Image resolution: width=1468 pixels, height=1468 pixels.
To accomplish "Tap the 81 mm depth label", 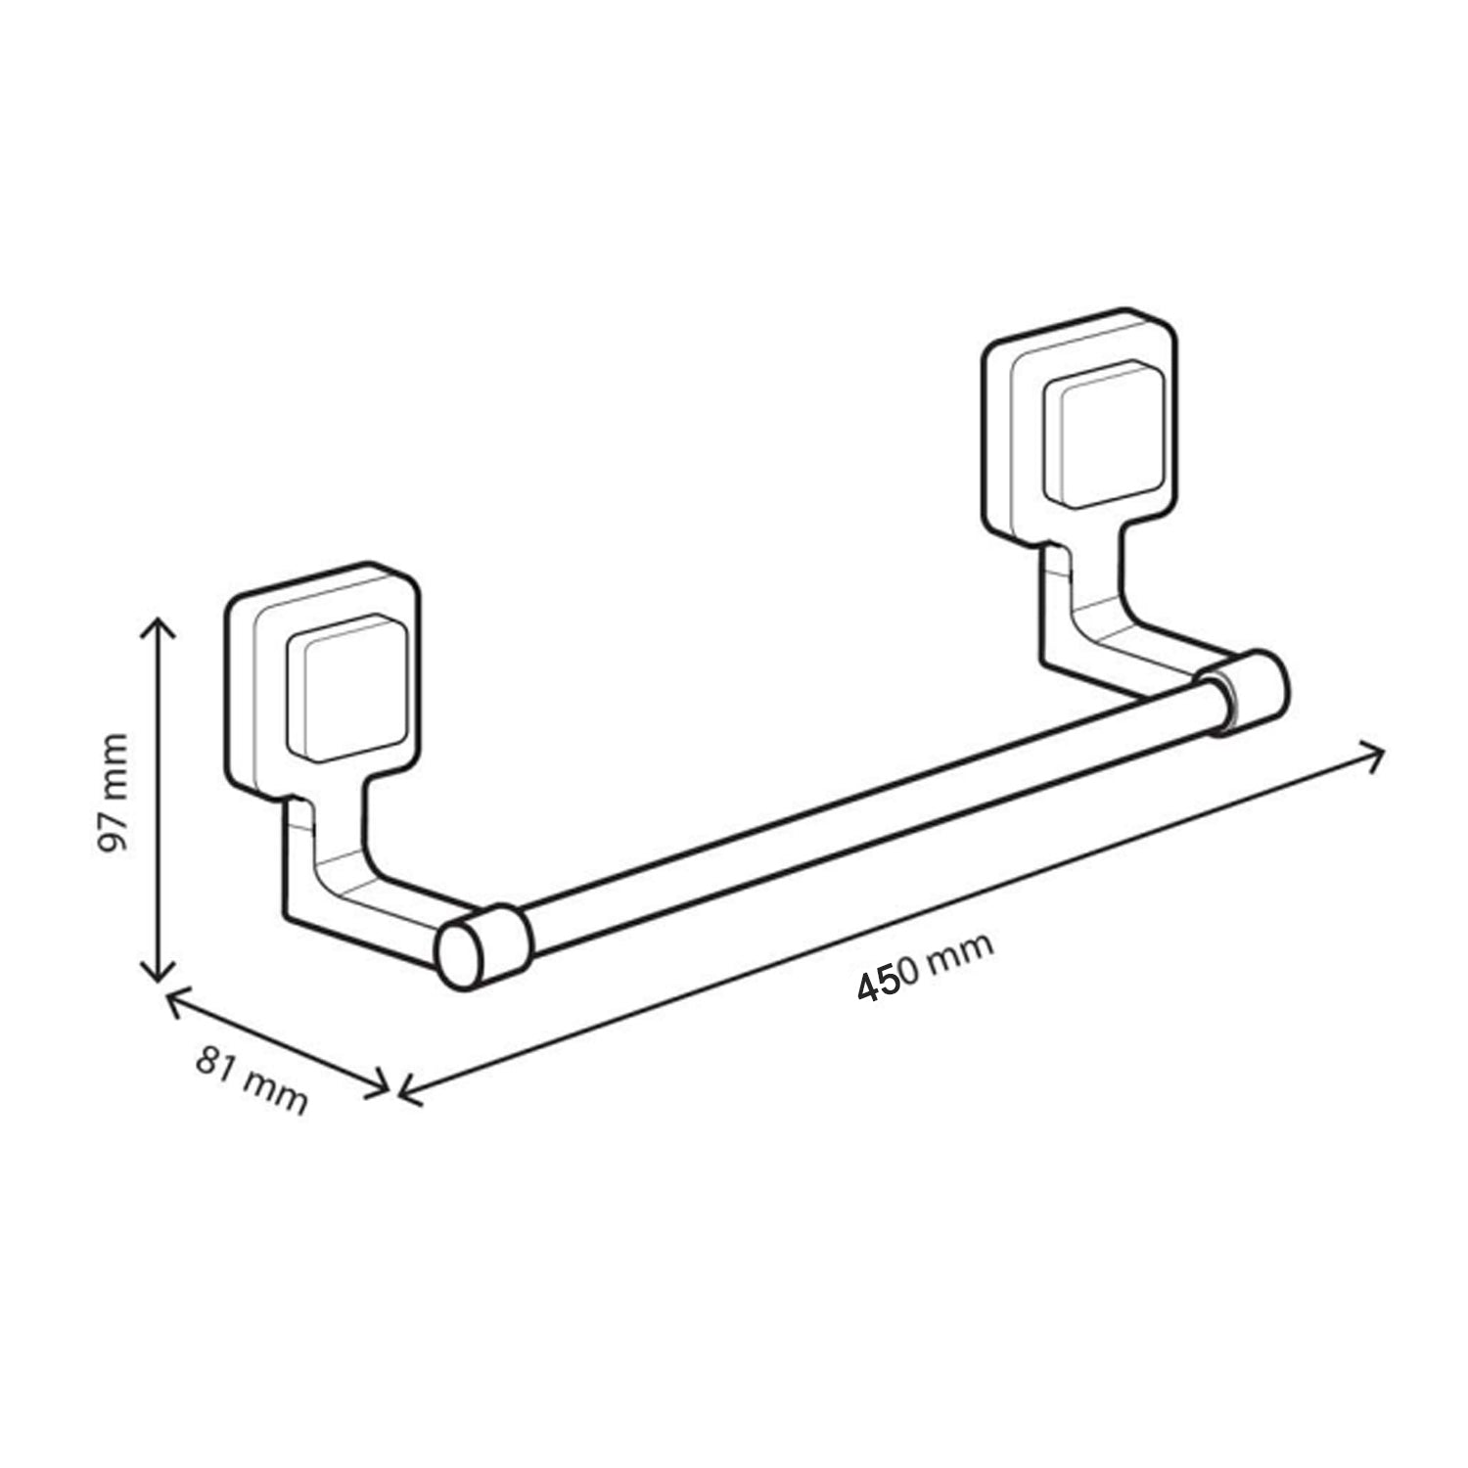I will coord(252,1078).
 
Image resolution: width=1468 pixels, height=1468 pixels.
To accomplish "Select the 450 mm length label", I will coord(925,966).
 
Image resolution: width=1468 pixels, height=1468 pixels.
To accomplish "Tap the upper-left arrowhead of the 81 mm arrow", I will coord(173,998).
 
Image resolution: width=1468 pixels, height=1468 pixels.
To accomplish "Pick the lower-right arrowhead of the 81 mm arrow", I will coord(384,1084).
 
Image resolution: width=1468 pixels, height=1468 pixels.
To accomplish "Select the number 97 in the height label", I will coord(115,833).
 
